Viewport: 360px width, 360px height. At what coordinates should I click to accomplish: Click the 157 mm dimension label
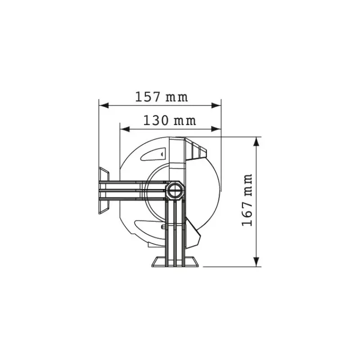point(162,97)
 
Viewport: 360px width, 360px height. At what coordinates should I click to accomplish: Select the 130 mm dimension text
point(170,121)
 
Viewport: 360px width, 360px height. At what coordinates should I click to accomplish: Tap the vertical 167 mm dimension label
point(247,200)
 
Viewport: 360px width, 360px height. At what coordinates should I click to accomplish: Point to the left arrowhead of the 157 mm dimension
point(103,106)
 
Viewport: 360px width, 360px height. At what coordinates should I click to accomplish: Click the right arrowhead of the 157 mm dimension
point(216,106)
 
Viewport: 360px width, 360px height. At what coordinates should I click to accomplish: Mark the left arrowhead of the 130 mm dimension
point(125,129)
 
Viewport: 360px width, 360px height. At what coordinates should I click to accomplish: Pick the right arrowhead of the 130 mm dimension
point(216,129)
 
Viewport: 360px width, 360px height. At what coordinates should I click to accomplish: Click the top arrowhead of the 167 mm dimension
point(256,142)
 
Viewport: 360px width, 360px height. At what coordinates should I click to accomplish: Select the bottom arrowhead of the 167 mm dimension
point(256,262)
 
